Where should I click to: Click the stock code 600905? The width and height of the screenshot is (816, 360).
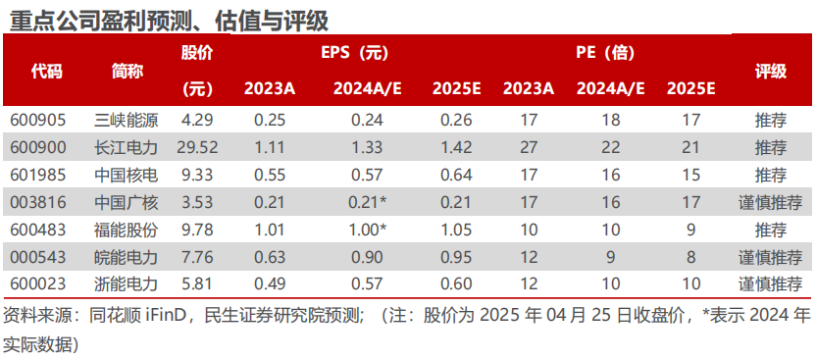point(37,121)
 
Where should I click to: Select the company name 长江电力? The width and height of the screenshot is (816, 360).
point(127,148)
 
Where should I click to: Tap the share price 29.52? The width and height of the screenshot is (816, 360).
point(199,148)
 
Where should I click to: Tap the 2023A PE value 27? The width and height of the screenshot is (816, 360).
point(528,148)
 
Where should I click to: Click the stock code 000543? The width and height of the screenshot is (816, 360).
point(37,258)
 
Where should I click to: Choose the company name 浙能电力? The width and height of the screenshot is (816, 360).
point(127,285)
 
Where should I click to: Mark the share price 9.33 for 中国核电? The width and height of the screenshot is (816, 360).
point(199,176)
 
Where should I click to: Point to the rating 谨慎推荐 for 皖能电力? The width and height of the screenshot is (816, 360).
point(770,258)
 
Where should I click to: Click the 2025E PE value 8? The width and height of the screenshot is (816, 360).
point(690,258)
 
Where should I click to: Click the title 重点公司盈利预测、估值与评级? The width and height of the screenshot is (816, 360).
point(167,20)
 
